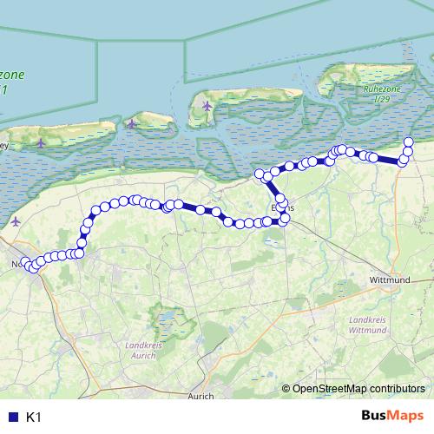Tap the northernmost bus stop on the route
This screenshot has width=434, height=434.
[x=410, y=141]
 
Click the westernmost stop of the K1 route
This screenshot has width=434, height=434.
[x=27, y=263]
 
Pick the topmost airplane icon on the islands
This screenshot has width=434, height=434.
[x=207, y=106]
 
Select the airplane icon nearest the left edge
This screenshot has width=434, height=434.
[x=16, y=221]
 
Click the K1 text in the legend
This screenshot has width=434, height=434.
[x=34, y=418]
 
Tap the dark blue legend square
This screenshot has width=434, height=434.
[x=12, y=418]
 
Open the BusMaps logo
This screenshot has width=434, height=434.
[x=393, y=417]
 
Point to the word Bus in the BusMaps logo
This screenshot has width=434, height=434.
[x=376, y=417]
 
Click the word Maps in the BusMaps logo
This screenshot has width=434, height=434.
[x=407, y=417]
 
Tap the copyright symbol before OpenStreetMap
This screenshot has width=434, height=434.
[x=286, y=389]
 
